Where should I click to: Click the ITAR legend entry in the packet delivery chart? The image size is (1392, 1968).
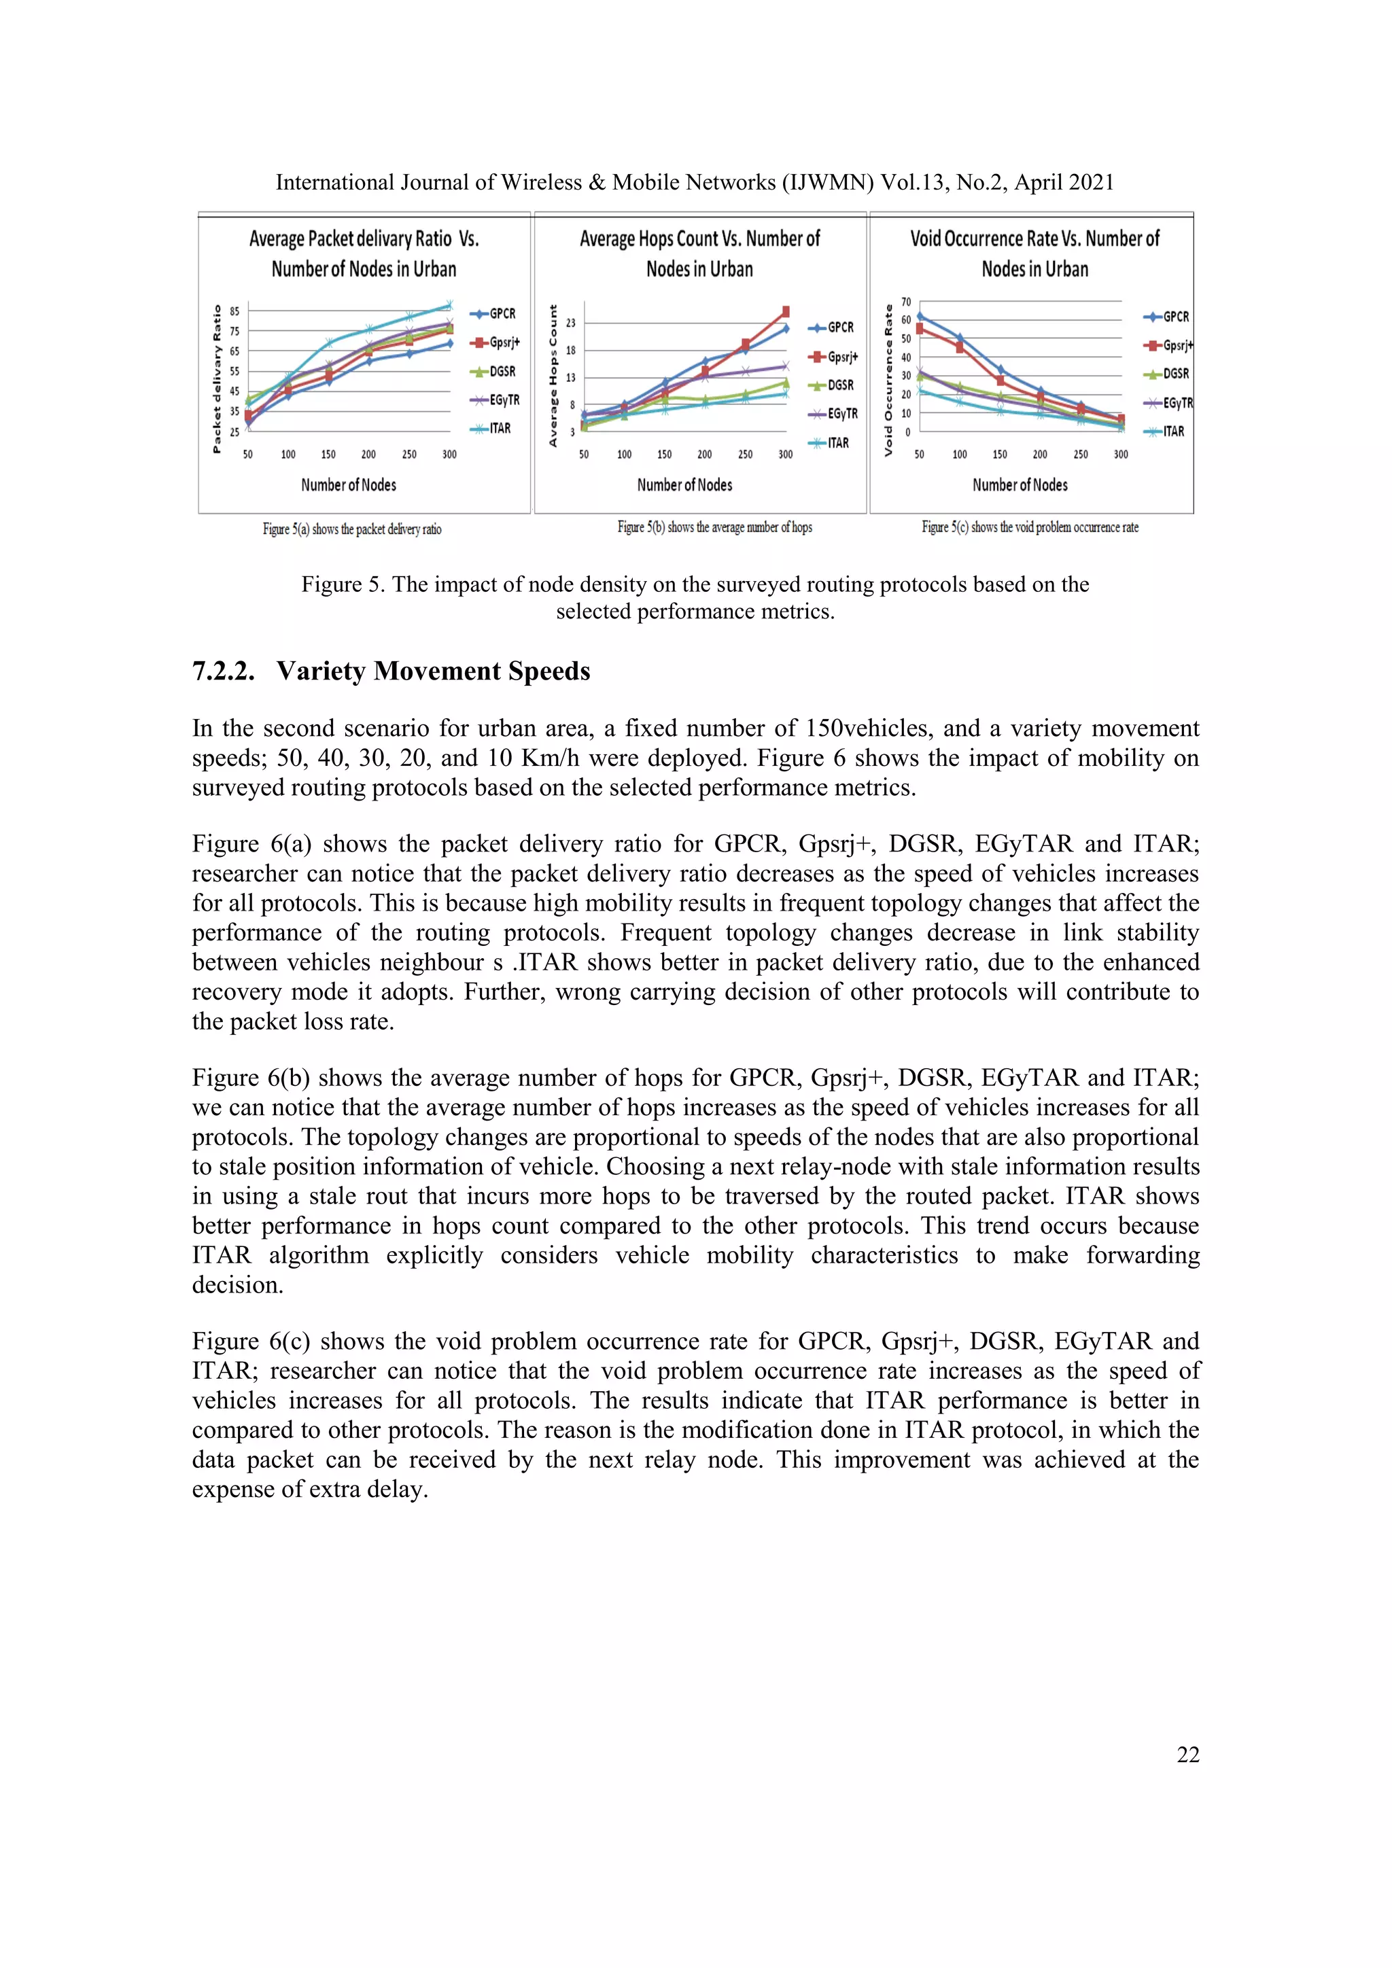[x=492, y=429]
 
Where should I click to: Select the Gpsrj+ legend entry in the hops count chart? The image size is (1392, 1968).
[x=834, y=357]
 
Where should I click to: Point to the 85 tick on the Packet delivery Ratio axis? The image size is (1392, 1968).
[x=234, y=311]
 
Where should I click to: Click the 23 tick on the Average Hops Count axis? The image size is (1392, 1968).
[x=571, y=323]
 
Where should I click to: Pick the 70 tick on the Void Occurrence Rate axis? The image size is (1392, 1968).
[x=906, y=302]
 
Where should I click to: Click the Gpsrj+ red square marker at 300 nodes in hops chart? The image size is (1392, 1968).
[x=785, y=312]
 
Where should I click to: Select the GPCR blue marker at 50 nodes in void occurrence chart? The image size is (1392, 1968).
[x=920, y=315]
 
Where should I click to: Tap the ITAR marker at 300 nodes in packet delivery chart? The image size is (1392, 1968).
[x=449, y=304]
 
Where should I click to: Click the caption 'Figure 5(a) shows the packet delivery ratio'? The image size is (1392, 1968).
[x=351, y=529]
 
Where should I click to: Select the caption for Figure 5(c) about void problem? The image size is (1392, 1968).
[x=1030, y=528]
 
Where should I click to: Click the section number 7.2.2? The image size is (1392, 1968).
[x=223, y=671]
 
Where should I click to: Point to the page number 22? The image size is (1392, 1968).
[x=1187, y=1755]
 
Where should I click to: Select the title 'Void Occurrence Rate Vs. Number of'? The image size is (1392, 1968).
[x=1034, y=239]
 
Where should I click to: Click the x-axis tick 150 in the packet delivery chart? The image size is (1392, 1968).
[x=328, y=455]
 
